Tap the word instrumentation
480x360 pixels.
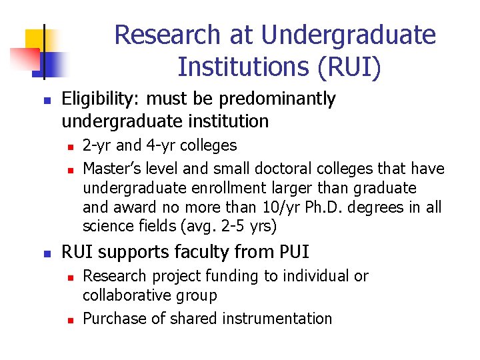pos(282,319)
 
